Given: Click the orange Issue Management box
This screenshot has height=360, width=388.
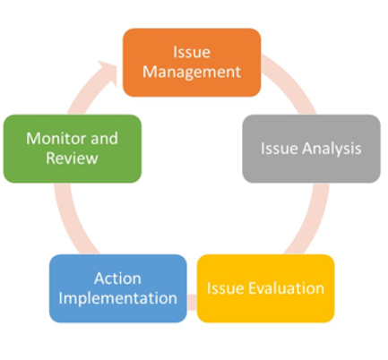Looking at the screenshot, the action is tap(192, 63).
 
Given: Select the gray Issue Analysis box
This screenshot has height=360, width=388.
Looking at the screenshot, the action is tap(311, 149).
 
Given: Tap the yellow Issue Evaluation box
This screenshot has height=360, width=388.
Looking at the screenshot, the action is tap(265, 288).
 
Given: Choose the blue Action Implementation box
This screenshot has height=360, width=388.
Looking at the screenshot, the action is tap(118, 288).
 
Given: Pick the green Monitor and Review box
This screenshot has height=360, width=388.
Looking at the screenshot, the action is tap(73, 149).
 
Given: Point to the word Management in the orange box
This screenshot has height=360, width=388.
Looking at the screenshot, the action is tap(192, 73).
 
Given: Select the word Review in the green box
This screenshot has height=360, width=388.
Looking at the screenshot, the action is tap(72, 159).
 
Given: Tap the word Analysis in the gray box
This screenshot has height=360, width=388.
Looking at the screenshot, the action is tap(332, 149).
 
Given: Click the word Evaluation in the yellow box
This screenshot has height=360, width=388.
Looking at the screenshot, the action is tap(286, 288).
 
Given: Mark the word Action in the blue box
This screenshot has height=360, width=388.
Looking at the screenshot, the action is tap(117, 279).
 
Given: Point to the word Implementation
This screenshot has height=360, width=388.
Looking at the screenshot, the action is tap(118, 299).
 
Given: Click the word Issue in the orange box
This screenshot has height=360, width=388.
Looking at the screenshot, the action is tap(192, 52).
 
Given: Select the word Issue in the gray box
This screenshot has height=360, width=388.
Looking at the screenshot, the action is tap(280, 149).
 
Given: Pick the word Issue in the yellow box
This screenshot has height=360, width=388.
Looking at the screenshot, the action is tap(226, 288).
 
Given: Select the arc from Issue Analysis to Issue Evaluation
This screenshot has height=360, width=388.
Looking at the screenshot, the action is tap(313, 220).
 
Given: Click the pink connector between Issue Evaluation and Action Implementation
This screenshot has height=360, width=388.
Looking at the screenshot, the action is tap(192, 302).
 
